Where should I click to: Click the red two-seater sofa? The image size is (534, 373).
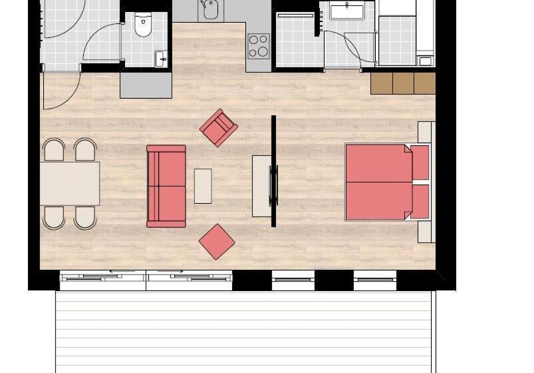[x=166, y=186]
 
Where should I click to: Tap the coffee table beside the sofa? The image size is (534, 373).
[x=203, y=186]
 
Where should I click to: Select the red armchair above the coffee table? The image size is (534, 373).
[x=219, y=127]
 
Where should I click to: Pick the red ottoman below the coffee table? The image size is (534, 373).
[x=217, y=241]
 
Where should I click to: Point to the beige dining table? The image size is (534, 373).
[x=70, y=183]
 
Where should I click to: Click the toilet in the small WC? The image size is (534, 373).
[x=143, y=25]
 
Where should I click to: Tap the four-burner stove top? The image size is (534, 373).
[x=259, y=46]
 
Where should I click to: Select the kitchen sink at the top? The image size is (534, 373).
[x=210, y=9]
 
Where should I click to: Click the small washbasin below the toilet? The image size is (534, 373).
[x=162, y=59]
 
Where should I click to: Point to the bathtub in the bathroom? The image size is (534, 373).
[x=346, y=11]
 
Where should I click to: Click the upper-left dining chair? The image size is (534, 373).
[x=54, y=150]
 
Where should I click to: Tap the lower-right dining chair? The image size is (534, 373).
[x=85, y=217]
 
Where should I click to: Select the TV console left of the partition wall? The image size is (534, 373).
[x=261, y=186]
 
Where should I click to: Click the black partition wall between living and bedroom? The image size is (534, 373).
[x=273, y=171]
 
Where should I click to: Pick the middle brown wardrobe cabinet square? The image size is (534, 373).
[x=403, y=83]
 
